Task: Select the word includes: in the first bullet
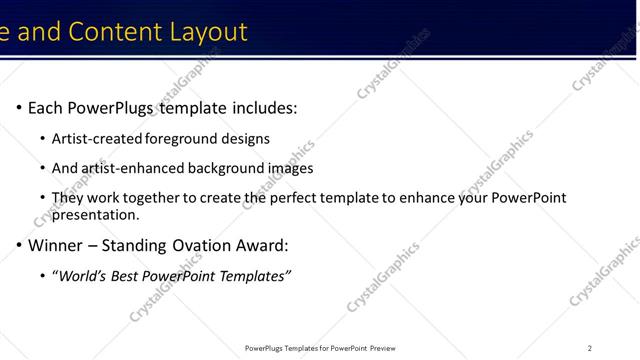coord(262,108)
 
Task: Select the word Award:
coord(269,245)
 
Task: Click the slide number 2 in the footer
coord(590,348)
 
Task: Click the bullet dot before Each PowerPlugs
coord(18,108)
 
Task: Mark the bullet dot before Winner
coord(18,245)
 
